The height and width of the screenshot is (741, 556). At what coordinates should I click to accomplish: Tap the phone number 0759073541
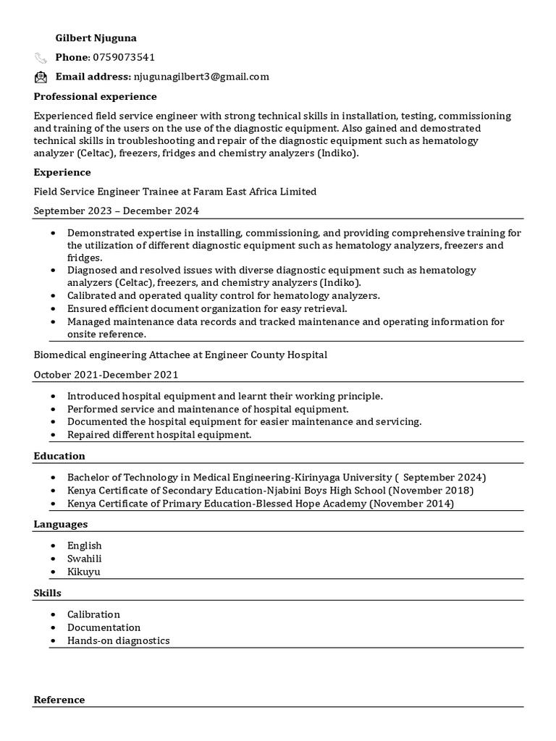coord(124,57)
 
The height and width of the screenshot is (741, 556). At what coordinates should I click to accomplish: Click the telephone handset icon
coord(41,58)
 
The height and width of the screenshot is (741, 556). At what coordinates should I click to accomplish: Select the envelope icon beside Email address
coord(41,77)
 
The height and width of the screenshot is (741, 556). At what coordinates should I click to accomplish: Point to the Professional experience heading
coord(95,96)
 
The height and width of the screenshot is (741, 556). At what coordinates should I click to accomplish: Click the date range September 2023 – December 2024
coord(116,211)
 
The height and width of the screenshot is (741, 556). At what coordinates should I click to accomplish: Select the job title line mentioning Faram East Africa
coord(175,192)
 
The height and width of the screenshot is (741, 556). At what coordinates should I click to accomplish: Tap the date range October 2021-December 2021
coord(106,374)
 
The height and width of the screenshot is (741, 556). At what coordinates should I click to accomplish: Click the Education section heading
coord(59,456)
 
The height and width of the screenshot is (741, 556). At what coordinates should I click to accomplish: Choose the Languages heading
coord(61,524)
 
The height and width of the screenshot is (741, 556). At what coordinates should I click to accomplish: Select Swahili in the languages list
coord(84,559)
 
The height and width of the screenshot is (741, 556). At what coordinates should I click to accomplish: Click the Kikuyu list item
coord(83,572)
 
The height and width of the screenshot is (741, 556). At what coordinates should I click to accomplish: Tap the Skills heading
coord(47,593)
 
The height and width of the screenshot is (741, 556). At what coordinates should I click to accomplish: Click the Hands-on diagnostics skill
coord(118,640)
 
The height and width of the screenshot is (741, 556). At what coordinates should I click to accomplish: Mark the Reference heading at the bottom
coord(59,700)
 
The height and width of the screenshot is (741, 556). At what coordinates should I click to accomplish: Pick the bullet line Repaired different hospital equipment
coord(159,435)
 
